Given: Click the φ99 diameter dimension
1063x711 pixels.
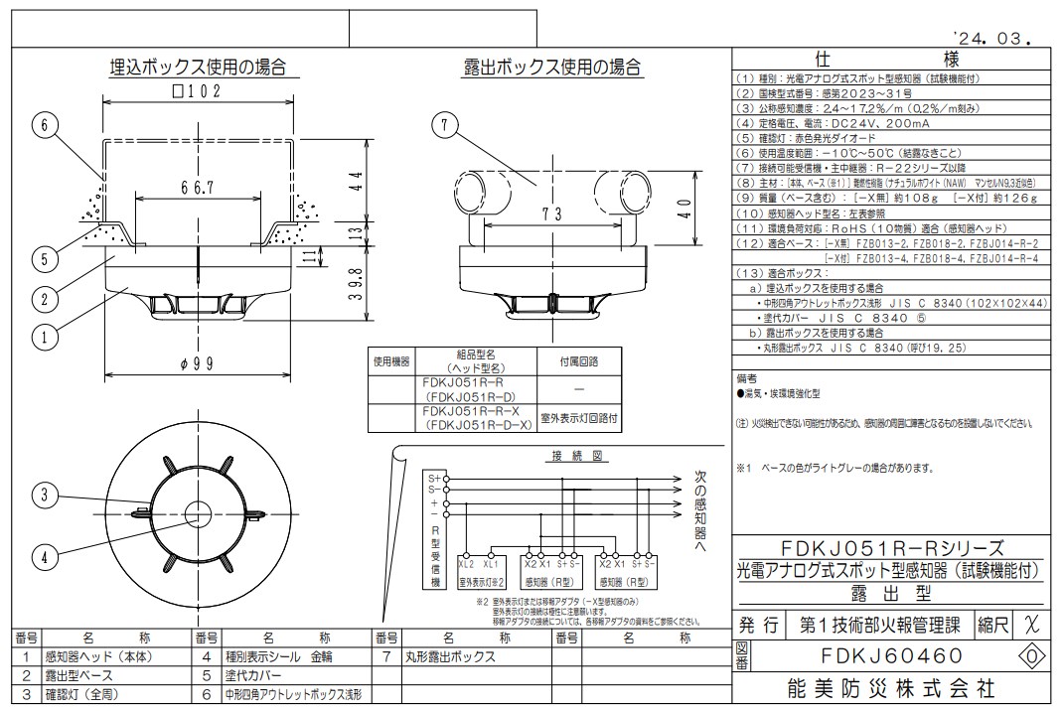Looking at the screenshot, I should (198, 363).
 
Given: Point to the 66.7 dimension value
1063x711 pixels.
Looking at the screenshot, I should (197, 189).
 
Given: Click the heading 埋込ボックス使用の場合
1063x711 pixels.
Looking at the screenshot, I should (198, 68).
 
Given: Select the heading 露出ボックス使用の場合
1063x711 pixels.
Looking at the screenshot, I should (552, 68).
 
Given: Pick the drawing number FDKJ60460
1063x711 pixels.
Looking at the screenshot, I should (877, 656).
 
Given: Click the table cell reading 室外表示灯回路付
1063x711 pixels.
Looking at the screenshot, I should (578, 419).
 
